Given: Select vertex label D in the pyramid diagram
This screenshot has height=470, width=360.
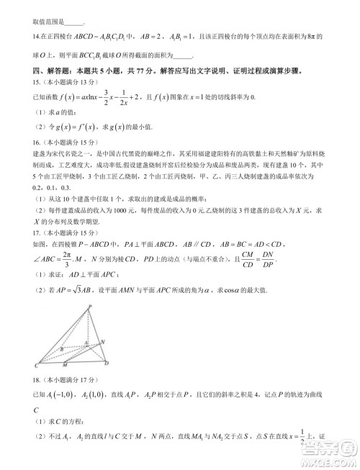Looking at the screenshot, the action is coord(106,364).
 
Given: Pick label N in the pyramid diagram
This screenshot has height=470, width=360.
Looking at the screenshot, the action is coord(102,341).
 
